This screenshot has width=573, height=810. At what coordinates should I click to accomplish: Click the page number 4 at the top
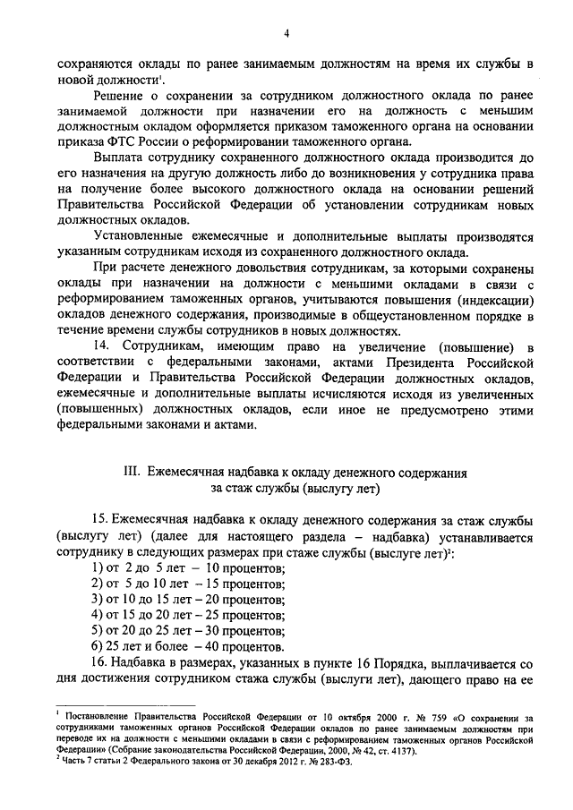[286, 34]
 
